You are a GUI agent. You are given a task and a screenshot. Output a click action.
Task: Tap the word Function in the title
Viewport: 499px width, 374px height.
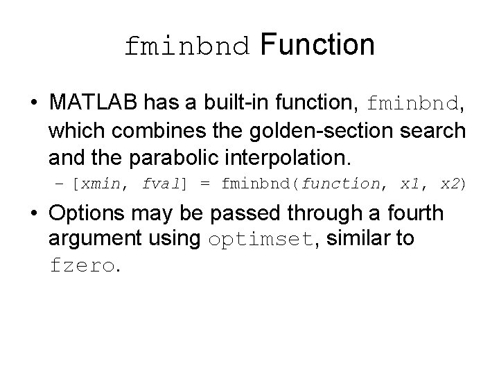point(317,45)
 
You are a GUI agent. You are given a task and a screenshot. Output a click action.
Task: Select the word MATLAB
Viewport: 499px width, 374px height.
point(95,103)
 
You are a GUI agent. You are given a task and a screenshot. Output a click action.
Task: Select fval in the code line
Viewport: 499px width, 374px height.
point(161,184)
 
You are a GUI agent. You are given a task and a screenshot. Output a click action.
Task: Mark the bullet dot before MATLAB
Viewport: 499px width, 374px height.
point(34,104)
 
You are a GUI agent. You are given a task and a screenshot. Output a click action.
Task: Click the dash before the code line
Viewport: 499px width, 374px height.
point(60,184)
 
